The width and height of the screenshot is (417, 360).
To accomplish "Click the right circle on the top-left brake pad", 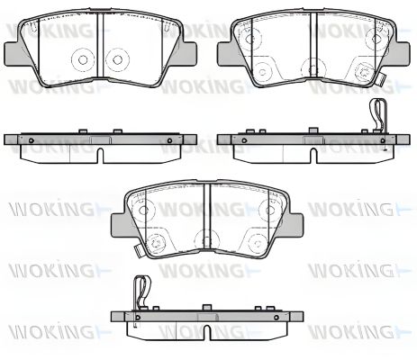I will point(115,61).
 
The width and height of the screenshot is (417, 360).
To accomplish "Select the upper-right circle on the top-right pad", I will point(375,35).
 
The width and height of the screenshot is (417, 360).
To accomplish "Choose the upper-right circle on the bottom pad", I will point(270,209).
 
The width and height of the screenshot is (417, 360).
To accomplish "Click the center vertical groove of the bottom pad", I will point(207,220).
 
